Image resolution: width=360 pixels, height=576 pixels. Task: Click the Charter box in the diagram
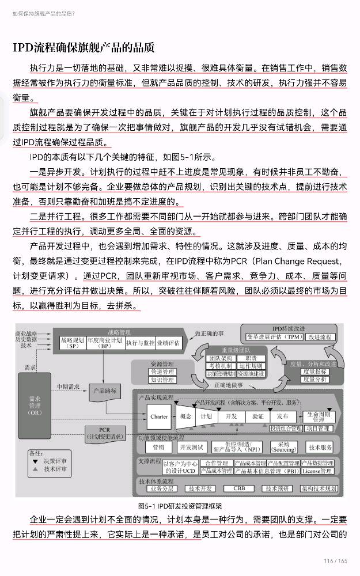pos(158,416)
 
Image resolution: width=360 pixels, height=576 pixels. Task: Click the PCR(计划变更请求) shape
pos(104,433)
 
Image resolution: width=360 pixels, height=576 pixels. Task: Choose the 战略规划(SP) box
pos(72,343)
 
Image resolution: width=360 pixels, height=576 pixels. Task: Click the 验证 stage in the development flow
pos(257,416)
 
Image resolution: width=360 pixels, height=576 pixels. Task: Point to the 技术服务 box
pos(320,448)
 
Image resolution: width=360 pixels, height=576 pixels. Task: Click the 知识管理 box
pos(162,380)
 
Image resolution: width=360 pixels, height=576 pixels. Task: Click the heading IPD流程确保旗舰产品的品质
pos(84,47)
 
